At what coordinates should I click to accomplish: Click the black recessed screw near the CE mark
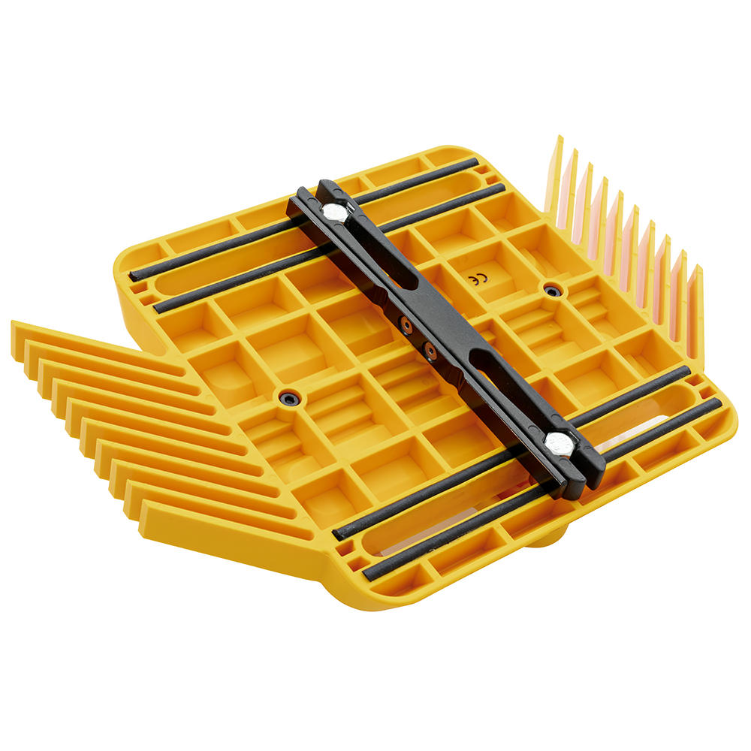[x=553, y=290]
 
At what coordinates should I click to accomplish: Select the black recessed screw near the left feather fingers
[x=289, y=397]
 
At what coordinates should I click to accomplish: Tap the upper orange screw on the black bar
[x=408, y=325]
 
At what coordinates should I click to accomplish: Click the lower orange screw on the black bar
[x=430, y=351]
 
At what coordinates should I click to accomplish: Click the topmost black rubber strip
[x=305, y=219]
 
